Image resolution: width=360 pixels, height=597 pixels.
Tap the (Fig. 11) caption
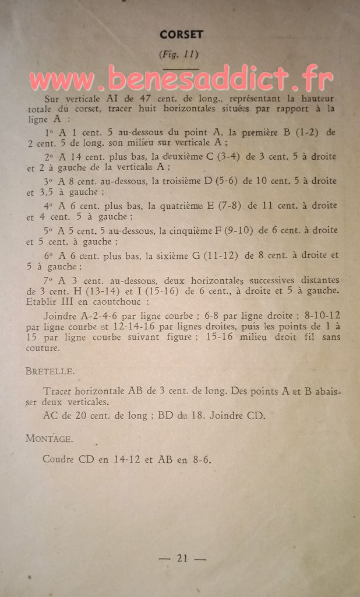179,55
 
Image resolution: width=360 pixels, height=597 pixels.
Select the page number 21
182,558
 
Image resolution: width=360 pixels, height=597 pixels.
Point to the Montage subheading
49,438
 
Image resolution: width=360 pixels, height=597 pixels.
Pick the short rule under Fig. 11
180,69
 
